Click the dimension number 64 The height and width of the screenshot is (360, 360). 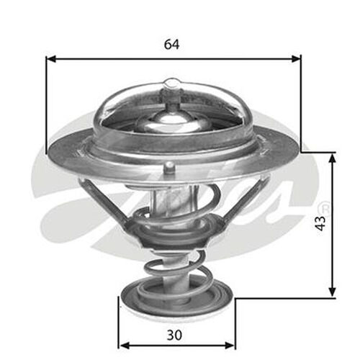pyautogui.click(x=171, y=44)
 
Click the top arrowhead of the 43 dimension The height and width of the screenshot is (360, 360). pyautogui.click(x=332, y=157)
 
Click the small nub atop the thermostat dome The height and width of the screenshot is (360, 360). pyautogui.click(x=171, y=85)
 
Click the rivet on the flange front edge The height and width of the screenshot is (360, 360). pyautogui.click(x=168, y=168)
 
